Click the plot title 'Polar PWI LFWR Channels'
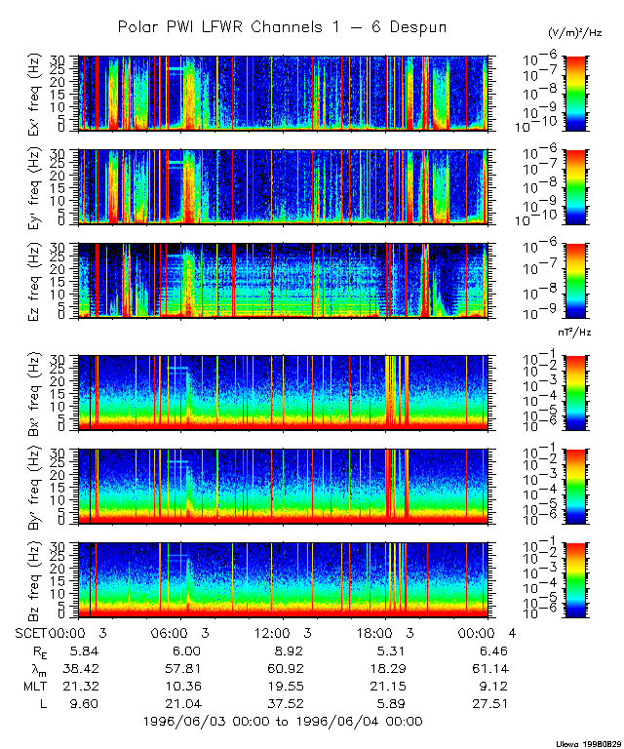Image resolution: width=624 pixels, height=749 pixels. point(282,26)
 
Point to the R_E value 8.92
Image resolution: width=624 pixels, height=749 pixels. point(282,650)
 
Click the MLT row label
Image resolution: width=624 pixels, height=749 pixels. point(35,685)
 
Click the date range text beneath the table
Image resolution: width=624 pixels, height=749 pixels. point(282,721)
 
